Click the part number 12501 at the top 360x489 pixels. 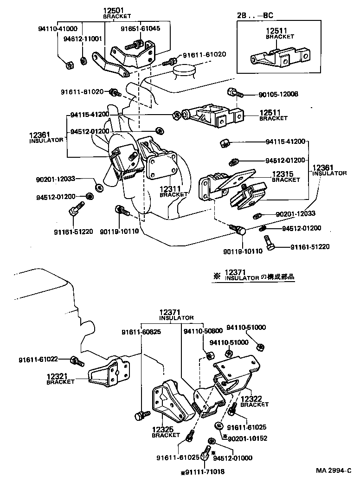point(111,11)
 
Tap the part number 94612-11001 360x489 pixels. point(83,39)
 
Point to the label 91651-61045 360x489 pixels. point(140,28)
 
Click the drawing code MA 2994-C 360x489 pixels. point(334,470)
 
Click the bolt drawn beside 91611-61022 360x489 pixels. point(76,360)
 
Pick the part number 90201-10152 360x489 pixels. point(247,438)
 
